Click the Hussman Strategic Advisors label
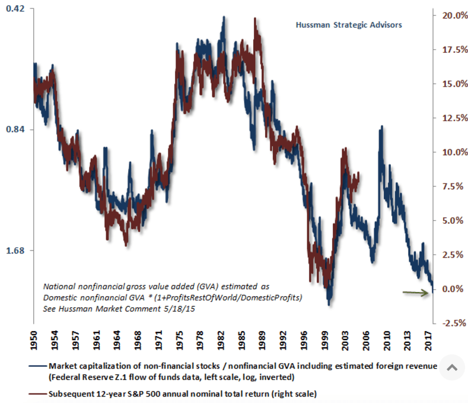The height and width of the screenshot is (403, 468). [x=349, y=26]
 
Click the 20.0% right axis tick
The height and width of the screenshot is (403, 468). [x=451, y=15]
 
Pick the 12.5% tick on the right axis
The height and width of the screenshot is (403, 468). [x=451, y=118]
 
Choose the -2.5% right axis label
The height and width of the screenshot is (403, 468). [x=451, y=323]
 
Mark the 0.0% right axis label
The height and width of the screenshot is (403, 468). [x=453, y=289]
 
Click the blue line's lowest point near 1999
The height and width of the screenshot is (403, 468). [x=329, y=304]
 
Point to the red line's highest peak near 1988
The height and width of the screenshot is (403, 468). [x=255, y=18]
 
